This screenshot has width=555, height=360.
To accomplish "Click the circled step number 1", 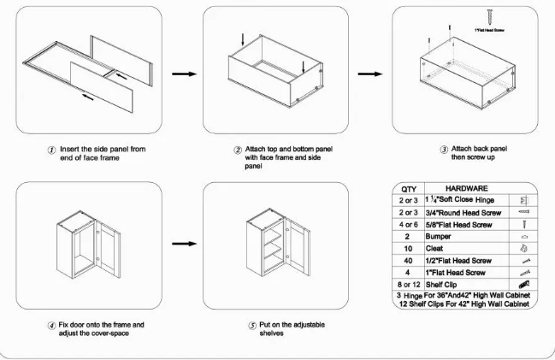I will [52, 150].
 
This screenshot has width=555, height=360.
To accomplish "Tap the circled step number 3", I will [444, 150].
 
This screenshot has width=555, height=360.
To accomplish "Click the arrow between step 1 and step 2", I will [181, 74].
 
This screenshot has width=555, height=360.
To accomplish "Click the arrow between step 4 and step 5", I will [181, 252].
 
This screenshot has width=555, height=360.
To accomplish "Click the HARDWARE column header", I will [466, 187].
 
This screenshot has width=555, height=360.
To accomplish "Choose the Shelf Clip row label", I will [445, 285].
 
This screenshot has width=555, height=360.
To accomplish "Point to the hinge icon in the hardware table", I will [523, 199].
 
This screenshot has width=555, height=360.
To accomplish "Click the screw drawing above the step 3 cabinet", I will [488, 16].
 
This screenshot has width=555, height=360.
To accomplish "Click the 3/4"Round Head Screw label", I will [459, 211].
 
